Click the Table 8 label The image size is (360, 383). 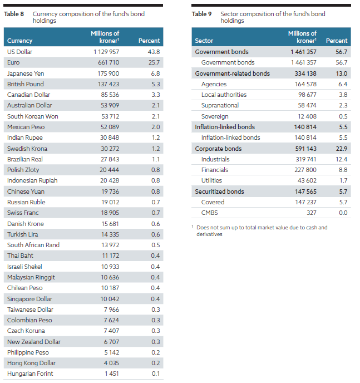[x=14, y=14]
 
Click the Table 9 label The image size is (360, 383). [x=201, y=14]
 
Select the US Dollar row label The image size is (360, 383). [x=19, y=52]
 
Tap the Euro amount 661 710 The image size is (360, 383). [x=109, y=62]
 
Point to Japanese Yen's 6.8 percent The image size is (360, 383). [x=155, y=73]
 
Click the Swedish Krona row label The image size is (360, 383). [x=27, y=149]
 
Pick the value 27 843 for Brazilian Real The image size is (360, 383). [x=110, y=159]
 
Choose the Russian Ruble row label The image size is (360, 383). [x=26, y=202]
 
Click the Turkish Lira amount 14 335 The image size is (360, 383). [x=110, y=234]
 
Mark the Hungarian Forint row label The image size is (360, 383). [x=30, y=374]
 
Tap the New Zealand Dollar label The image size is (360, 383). [x=34, y=342]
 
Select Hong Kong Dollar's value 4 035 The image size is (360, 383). [x=111, y=363]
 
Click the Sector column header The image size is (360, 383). [x=204, y=41]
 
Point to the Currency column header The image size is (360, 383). [x=20, y=41]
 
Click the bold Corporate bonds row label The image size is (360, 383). [x=218, y=149]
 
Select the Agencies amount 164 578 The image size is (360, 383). [x=305, y=84]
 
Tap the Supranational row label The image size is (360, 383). [x=220, y=105]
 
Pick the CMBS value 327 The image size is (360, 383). [x=312, y=213]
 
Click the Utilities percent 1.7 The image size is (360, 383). [x=343, y=180]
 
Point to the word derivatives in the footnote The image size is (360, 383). [x=209, y=234]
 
